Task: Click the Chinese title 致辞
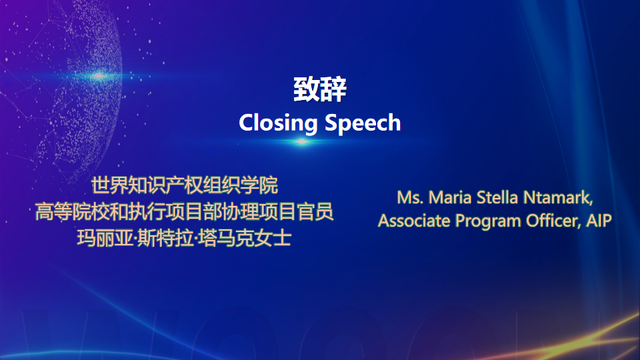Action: pyautogui.click(x=320, y=89)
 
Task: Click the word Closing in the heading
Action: pyautogui.click(x=278, y=123)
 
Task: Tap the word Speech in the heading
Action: pyautogui.click(x=363, y=123)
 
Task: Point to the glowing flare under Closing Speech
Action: pyautogui.click(x=302, y=141)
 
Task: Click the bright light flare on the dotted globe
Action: pyautogui.click(x=99, y=75)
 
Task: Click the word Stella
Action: pyautogui.click(x=497, y=197)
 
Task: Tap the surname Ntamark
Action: pyautogui.click(x=558, y=198)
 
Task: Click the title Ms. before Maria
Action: pyautogui.click(x=410, y=197)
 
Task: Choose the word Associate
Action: pyautogui.click(x=414, y=221)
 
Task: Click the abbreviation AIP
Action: pyautogui.click(x=599, y=221)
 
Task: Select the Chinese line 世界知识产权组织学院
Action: pyautogui.click(x=185, y=186)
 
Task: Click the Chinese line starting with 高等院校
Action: pyautogui.click(x=184, y=212)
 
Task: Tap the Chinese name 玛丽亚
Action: pyautogui.click(x=105, y=238)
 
